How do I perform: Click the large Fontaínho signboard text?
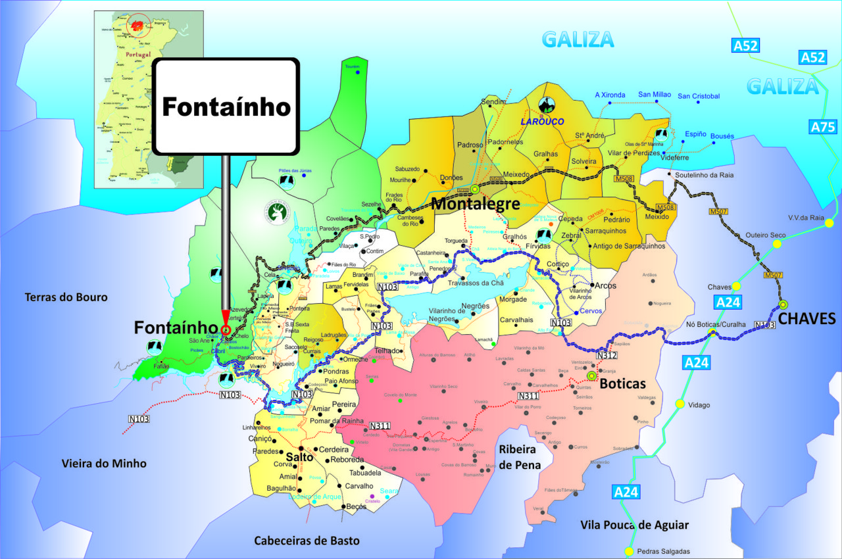pos(226,107)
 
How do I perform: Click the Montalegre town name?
pos(475,204)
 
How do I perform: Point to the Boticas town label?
pos(623,383)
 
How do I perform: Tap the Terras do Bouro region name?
pos(66,297)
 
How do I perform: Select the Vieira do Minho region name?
pos(103,464)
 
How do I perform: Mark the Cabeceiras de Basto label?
pos(307,541)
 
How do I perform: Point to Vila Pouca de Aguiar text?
pos(634,525)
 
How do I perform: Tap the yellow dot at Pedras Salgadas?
pos(630,552)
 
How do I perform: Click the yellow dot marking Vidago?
pos(680,404)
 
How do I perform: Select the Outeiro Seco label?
pos(765,235)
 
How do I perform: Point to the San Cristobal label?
pos(699,96)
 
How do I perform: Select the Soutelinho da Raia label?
pos(703,175)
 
